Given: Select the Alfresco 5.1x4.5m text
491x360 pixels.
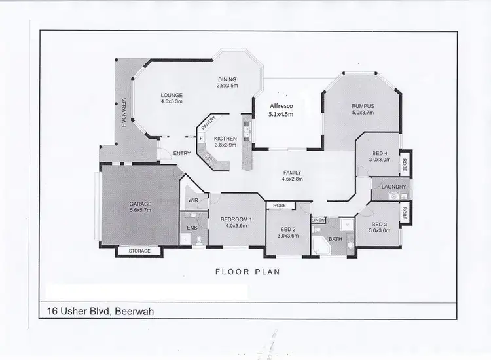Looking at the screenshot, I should coord(282,109).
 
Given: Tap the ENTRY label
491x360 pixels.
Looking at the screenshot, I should coord(181,154).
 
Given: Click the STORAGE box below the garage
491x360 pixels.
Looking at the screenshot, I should coord(139,251).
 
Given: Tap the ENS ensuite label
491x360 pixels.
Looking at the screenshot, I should coord(192,227).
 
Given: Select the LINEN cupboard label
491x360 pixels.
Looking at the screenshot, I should coord(318,220).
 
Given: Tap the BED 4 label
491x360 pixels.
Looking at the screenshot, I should coord(379,155).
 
